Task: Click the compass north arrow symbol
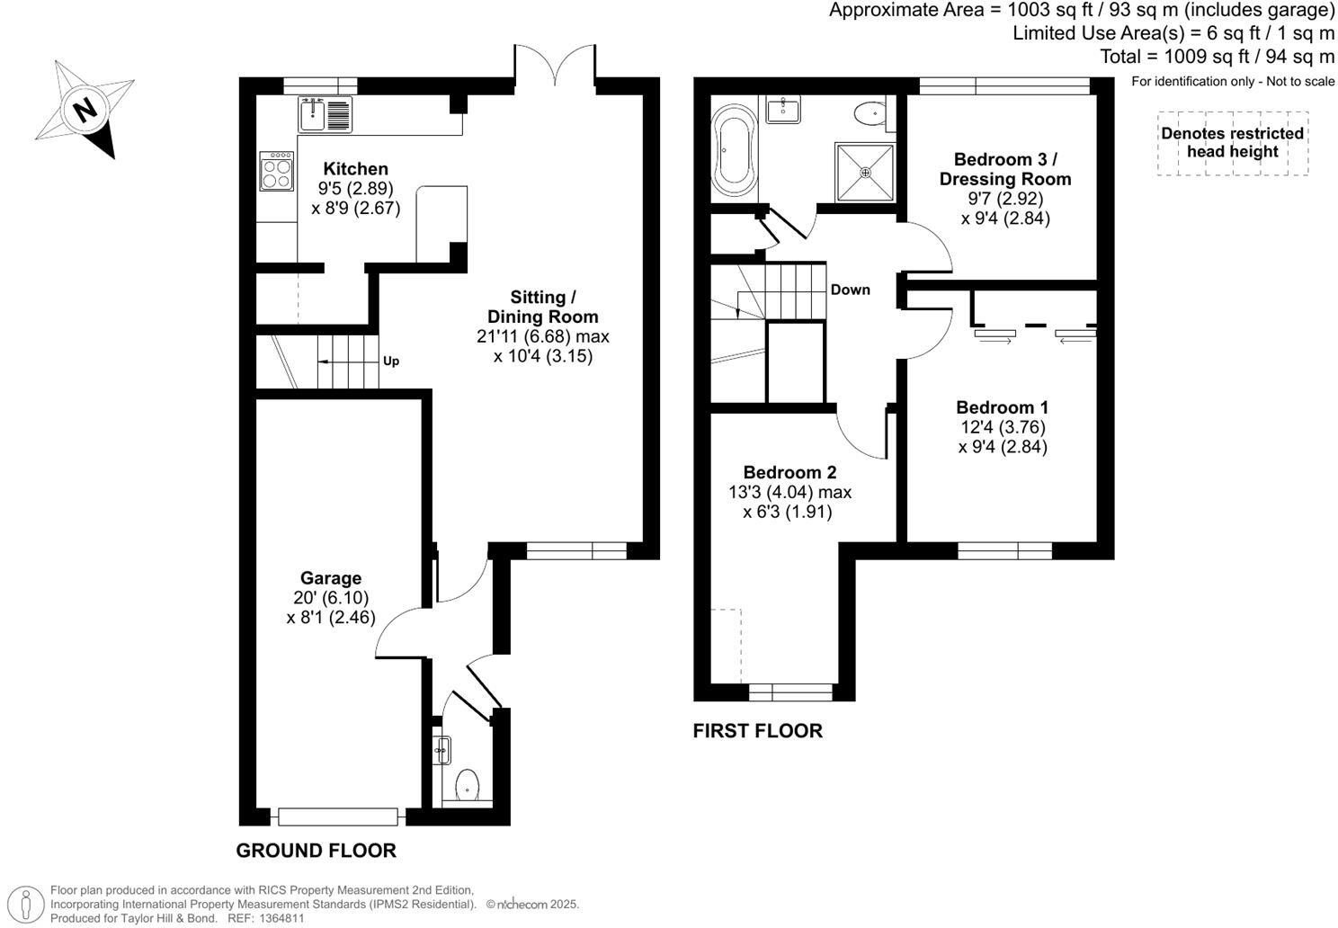point(85,110)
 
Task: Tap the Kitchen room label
point(355,169)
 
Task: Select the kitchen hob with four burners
point(277,171)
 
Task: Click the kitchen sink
point(312,114)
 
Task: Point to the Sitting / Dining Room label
point(542,307)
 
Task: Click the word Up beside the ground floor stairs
point(391,361)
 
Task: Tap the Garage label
point(331,578)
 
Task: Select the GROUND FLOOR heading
point(316,850)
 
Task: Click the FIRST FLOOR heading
point(757,730)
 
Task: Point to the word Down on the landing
point(850,290)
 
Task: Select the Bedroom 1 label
point(1002,407)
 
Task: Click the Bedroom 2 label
point(789,472)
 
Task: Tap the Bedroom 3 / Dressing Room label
point(1005,169)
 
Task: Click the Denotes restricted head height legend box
point(1232,143)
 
